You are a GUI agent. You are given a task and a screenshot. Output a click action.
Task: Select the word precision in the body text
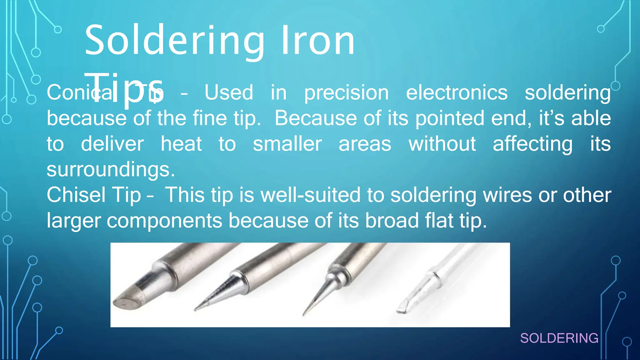pos(347,93)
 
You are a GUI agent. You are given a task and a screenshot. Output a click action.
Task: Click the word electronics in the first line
pos(457,93)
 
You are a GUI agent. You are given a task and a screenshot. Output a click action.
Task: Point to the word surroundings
pos(111,169)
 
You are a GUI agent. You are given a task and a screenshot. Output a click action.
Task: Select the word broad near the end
pos(392,221)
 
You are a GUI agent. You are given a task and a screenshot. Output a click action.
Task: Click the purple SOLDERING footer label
pos(559,338)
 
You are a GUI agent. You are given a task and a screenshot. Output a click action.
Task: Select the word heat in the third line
pos(181,144)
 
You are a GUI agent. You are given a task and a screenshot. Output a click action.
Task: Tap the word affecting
pos(532,144)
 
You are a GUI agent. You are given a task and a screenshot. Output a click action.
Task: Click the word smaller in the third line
pos(287,144)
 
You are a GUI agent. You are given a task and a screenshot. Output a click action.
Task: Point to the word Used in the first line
pos(229,93)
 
